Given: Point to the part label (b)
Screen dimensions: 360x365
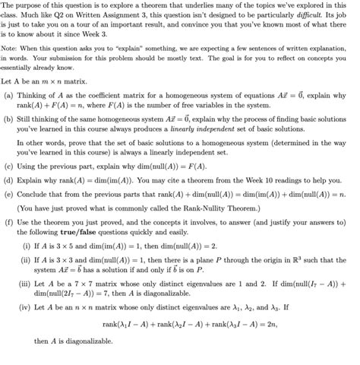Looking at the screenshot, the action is (x=8, y=119).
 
